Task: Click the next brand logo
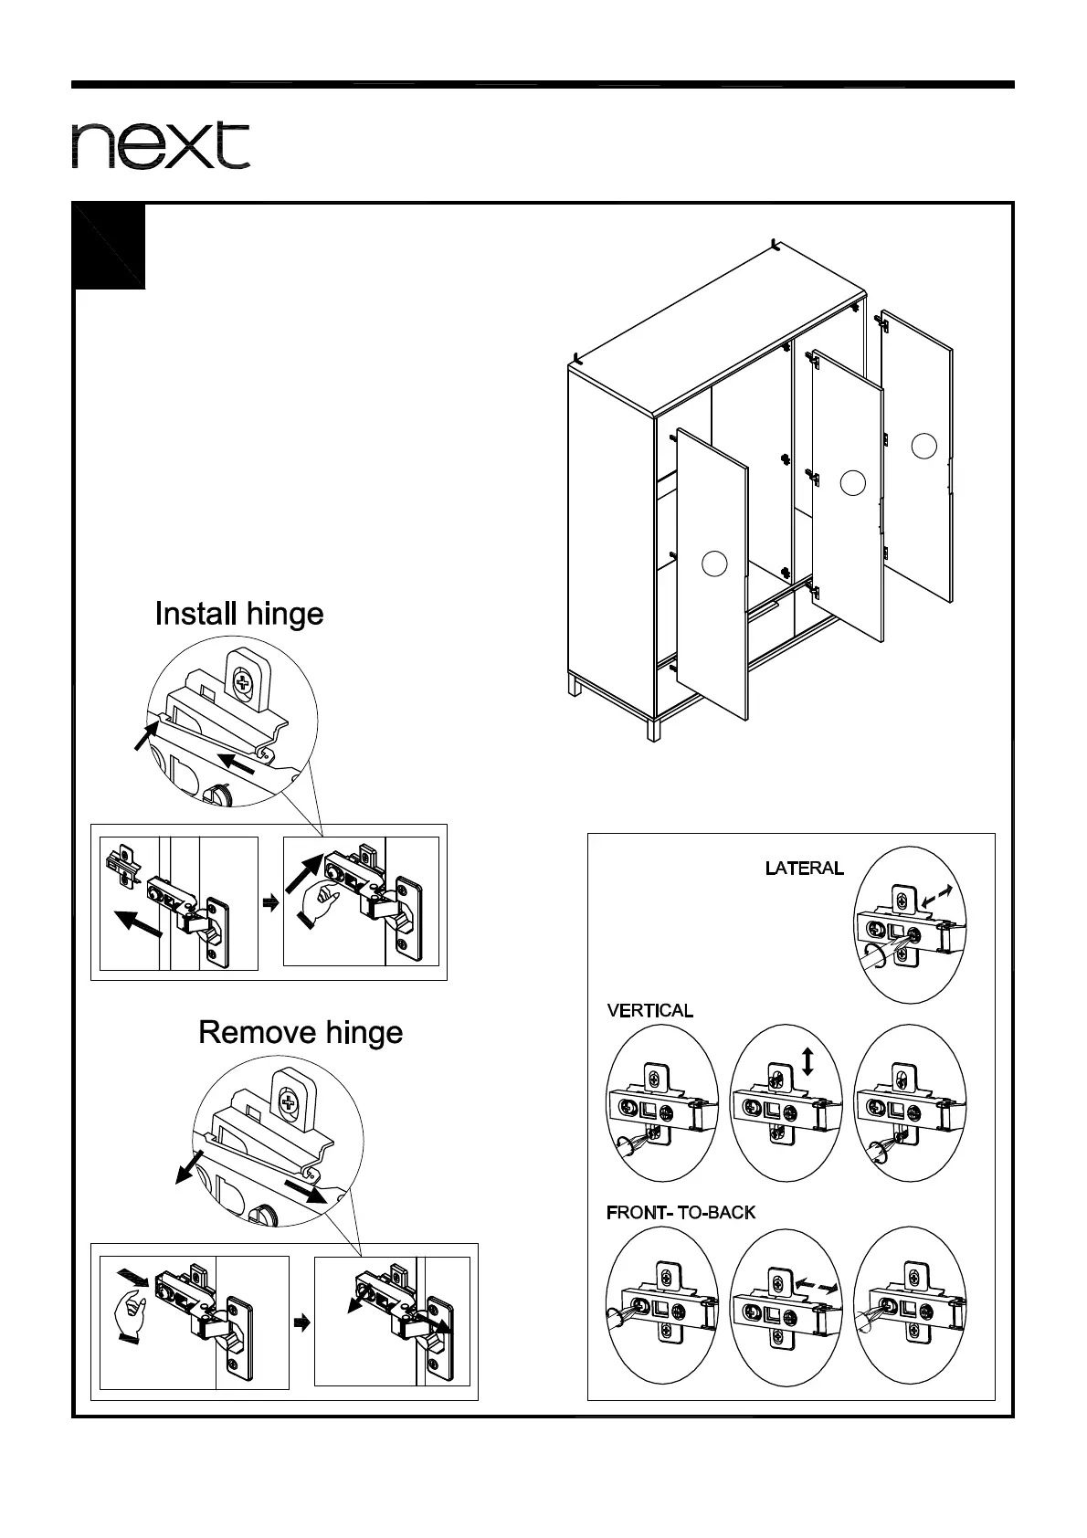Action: click(161, 145)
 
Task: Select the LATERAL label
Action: click(804, 868)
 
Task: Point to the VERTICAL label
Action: click(649, 1011)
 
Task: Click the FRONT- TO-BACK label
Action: click(681, 1213)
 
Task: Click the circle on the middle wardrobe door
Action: click(852, 482)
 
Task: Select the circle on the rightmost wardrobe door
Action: click(924, 446)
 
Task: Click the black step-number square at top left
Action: click(109, 247)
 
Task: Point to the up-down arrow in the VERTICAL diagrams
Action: click(807, 1061)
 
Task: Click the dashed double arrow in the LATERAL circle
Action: click(938, 895)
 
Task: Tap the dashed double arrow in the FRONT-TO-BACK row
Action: click(816, 1285)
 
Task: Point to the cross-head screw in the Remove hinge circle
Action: click(290, 1101)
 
